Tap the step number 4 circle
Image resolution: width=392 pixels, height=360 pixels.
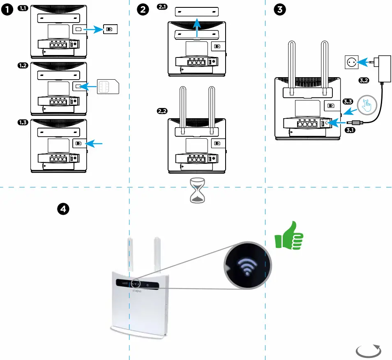point(62,209)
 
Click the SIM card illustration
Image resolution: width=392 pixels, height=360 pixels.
point(107,87)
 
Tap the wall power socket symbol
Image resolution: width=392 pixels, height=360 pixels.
point(351,62)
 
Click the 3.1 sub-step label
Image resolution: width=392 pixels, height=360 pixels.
point(350,130)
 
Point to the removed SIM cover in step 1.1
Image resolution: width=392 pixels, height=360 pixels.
point(110,29)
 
